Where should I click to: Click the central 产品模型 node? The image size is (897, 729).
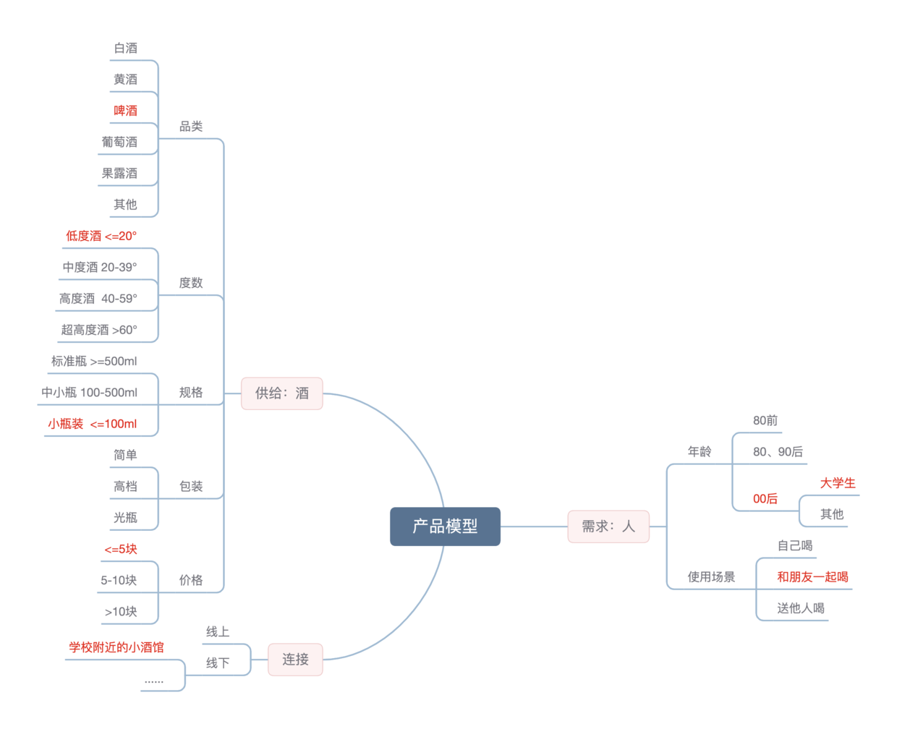click(x=445, y=526)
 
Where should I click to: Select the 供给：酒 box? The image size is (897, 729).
click(x=281, y=393)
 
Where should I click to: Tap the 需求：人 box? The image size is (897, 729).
click(x=608, y=526)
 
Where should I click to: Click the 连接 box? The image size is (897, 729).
click(x=295, y=660)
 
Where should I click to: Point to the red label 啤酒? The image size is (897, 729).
click(x=125, y=111)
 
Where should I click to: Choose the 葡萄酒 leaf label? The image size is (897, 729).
click(x=119, y=142)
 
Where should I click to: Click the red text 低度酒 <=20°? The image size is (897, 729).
click(x=101, y=236)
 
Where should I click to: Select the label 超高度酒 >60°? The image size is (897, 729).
click(x=99, y=330)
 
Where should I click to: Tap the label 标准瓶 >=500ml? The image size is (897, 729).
click(x=94, y=361)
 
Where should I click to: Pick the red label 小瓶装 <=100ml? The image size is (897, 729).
click(x=92, y=424)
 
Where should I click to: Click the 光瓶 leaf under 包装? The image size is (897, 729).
click(x=125, y=518)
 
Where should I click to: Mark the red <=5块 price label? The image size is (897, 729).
click(x=121, y=549)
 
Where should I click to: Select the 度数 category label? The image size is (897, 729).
click(x=191, y=283)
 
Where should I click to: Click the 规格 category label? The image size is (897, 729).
click(x=191, y=393)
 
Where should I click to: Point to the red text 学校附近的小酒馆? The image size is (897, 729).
click(x=116, y=647)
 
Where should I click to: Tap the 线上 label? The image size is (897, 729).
click(x=218, y=632)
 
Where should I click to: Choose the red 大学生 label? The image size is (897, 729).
click(x=838, y=483)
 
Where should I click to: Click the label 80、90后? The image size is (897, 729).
click(x=778, y=452)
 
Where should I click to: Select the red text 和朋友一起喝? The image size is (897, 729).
click(x=812, y=577)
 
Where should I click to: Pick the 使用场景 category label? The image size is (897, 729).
click(x=711, y=577)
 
